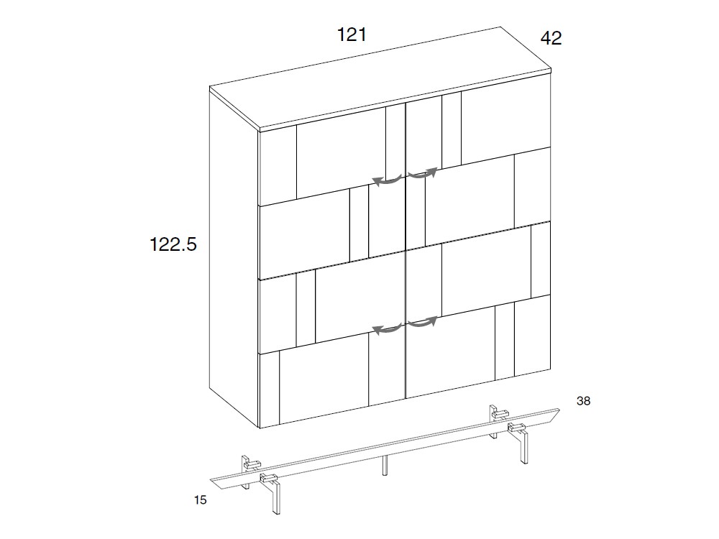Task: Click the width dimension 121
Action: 352,34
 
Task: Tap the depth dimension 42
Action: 551,38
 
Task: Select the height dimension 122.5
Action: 173,244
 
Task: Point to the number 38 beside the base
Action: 583,402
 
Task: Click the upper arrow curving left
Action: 387,180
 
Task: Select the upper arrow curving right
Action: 423,173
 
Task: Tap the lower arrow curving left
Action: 387,329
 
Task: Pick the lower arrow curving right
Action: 423,322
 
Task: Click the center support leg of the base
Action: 386,465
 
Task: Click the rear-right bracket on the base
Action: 496,414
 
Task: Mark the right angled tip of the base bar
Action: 559,410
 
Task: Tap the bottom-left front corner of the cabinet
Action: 260,428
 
